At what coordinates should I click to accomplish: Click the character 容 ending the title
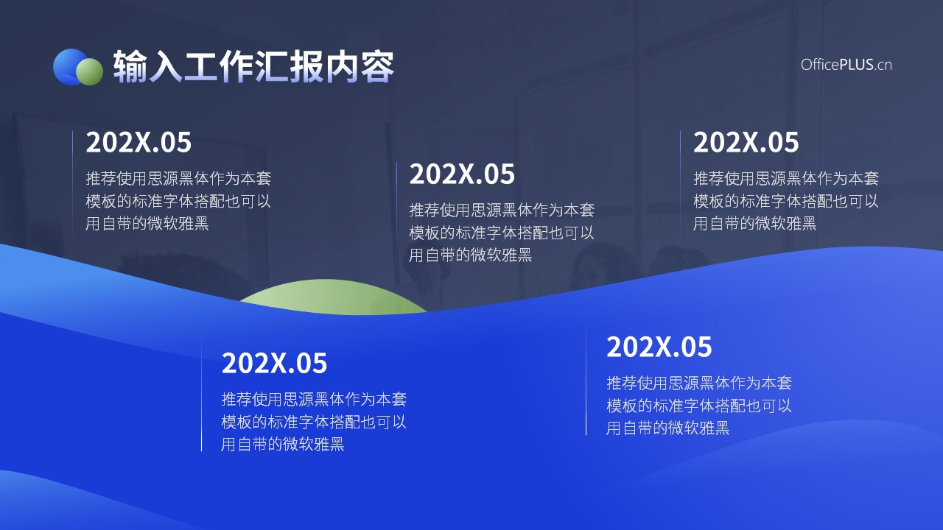376,66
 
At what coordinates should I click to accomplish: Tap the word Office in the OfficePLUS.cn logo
820,64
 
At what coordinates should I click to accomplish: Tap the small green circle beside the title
90,71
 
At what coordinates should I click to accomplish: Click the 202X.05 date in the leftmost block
139,142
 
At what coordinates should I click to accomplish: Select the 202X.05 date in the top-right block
746,142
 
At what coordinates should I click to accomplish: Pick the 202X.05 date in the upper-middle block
462,174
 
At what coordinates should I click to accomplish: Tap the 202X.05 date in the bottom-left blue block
274,363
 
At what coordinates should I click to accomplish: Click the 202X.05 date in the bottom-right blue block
659,347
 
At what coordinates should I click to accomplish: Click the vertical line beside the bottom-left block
202,397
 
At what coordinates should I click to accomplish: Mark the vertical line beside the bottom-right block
586,379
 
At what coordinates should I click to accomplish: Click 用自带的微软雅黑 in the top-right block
754,223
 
